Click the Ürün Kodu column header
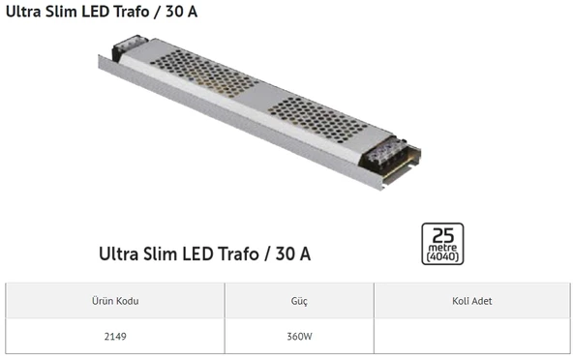click(115, 301)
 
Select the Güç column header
click(299, 301)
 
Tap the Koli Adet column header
click(471, 301)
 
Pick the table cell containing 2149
click(115, 337)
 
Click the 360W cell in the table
click(299, 337)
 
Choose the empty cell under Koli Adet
click(471, 337)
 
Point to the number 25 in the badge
click(443, 234)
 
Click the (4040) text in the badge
click(443, 256)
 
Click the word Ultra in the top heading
click(23, 13)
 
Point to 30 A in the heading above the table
click(293, 255)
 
